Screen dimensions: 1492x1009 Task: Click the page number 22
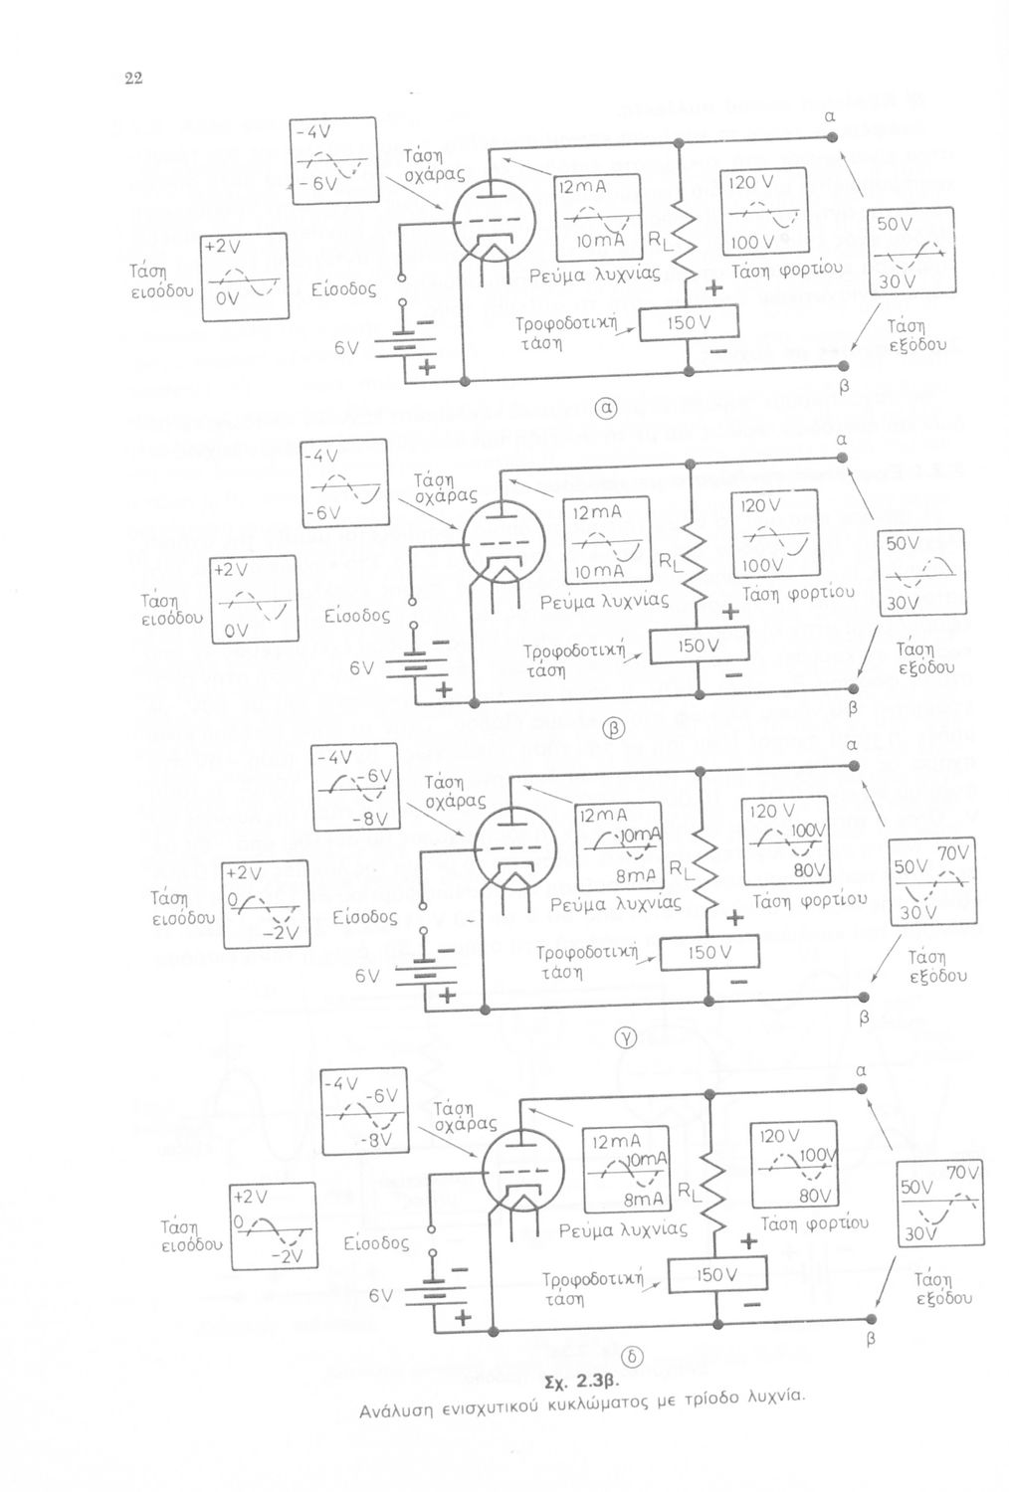pyautogui.click(x=130, y=80)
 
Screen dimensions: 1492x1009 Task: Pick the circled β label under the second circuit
pyautogui.click(x=614, y=727)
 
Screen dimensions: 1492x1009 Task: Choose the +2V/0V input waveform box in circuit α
pyautogui.click(x=244, y=277)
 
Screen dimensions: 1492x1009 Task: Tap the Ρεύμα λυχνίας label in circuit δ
pyautogui.click(x=623, y=1230)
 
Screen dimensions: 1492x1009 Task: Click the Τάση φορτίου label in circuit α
pyautogui.click(x=787, y=269)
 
